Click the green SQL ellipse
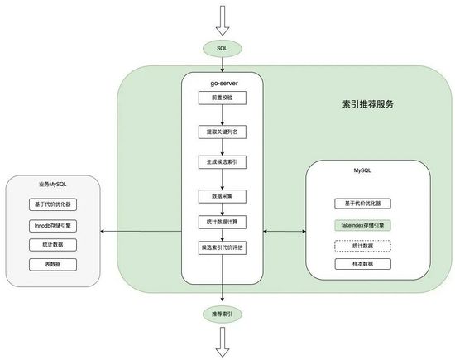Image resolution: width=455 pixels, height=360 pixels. [222, 49]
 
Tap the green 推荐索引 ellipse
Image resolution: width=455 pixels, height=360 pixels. [222, 314]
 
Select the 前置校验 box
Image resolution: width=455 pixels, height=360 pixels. [222, 98]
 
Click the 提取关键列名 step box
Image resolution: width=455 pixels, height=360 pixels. [222, 132]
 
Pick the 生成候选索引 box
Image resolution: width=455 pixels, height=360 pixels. [222, 162]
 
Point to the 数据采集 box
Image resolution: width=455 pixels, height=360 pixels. [222, 196]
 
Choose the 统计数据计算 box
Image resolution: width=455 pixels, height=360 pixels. [222, 222]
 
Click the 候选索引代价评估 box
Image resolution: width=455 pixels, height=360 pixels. [222, 247]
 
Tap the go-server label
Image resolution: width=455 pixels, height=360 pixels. [222, 84]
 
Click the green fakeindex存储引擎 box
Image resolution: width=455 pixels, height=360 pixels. [362, 224]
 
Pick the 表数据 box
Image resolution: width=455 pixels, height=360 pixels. [53, 264]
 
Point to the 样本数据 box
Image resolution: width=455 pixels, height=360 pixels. [362, 264]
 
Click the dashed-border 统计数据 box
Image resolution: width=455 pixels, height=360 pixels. [362, 245]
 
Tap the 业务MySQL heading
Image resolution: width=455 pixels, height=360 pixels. [53, 185]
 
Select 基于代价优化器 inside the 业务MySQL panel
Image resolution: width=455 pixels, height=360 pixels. [53, 204]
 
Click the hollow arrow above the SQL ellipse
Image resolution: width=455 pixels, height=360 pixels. [222, 17]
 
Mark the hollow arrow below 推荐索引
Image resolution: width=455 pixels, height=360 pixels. [222, 342]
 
